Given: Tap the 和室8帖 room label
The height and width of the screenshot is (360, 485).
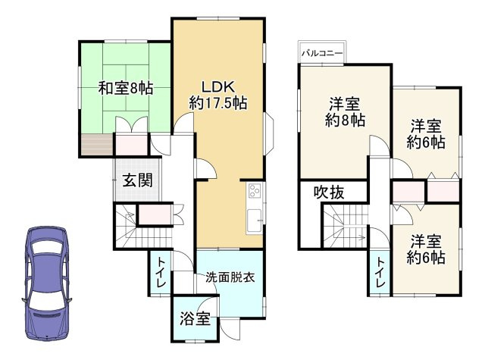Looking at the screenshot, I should point(125,88).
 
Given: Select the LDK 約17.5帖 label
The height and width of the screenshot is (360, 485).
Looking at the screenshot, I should point(218,93).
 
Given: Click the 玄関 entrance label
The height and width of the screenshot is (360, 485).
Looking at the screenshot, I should point(138,180).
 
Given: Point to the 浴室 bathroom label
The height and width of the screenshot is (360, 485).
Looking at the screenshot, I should point(195,319).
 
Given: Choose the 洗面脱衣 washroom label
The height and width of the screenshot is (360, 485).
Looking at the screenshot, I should point(230,277).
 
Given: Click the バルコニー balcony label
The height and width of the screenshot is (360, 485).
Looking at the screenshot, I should point(323,54).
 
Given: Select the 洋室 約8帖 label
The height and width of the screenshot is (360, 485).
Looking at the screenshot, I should point(346,111).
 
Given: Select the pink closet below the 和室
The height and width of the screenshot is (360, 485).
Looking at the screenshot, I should point(131,143).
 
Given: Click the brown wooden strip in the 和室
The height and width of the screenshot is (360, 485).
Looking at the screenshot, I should point(96,143).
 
